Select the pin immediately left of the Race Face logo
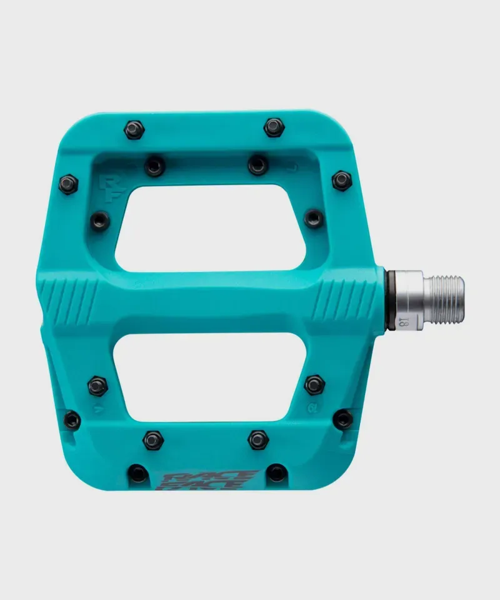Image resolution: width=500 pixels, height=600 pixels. click(x=138, y=473)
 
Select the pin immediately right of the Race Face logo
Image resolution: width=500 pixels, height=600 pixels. click(x=277, y=472)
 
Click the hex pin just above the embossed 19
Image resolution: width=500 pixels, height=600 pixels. click(x=314, y=384)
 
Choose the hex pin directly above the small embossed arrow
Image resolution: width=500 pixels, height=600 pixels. click(x=98, y=386)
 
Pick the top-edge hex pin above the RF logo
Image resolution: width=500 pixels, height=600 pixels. click(x=134, y=129)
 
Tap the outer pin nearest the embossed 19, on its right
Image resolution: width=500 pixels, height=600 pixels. click(x=342, y=419)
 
